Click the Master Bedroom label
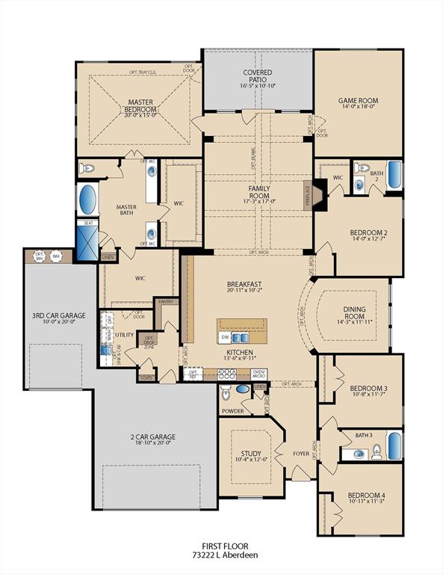140,106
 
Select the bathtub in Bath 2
394,175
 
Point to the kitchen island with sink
241,331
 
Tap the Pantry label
164,303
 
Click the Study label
250,453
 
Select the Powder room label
233,410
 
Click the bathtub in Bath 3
394,446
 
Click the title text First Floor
229,546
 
